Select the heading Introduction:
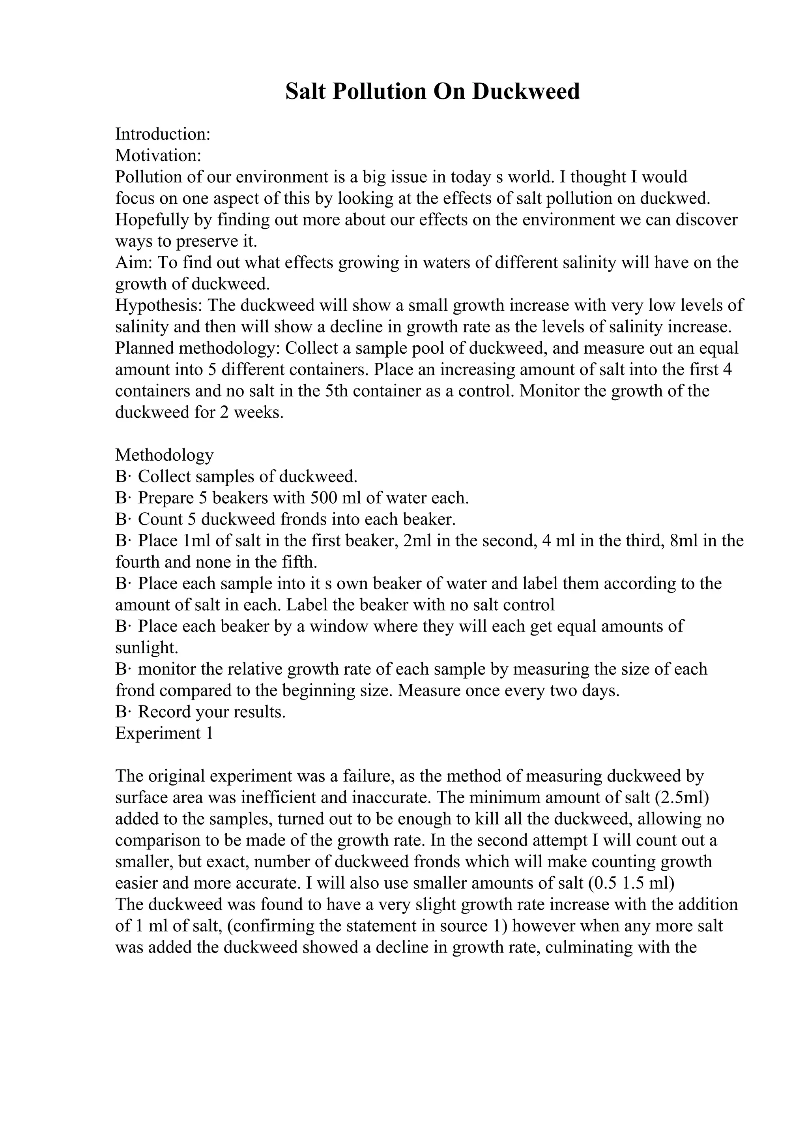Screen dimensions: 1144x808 pos(163,134)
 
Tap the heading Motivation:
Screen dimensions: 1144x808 pos(158,156)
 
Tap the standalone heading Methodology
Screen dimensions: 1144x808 pos(164,455)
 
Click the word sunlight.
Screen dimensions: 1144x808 pos(146,648)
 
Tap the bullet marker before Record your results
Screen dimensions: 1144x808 pos(122,712)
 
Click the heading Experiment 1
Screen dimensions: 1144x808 pos(164,733)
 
